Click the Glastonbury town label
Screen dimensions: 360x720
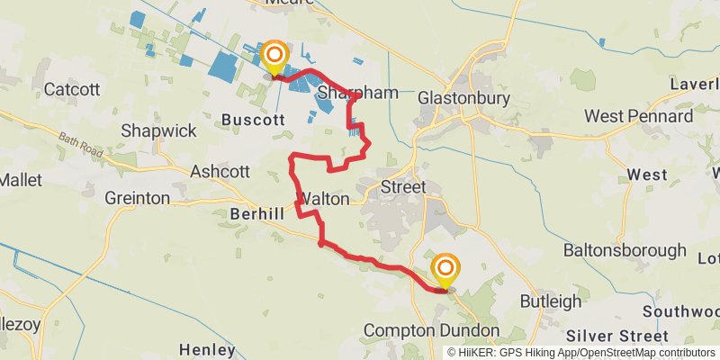464,98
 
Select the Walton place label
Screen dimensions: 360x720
322,198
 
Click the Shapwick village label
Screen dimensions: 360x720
158,131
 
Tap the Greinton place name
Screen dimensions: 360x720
137,198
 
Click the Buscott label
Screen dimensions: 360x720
252,119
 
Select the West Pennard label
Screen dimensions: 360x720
638,116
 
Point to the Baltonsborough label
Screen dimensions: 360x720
625,250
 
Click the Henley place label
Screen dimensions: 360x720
208,349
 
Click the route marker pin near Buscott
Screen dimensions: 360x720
274,58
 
